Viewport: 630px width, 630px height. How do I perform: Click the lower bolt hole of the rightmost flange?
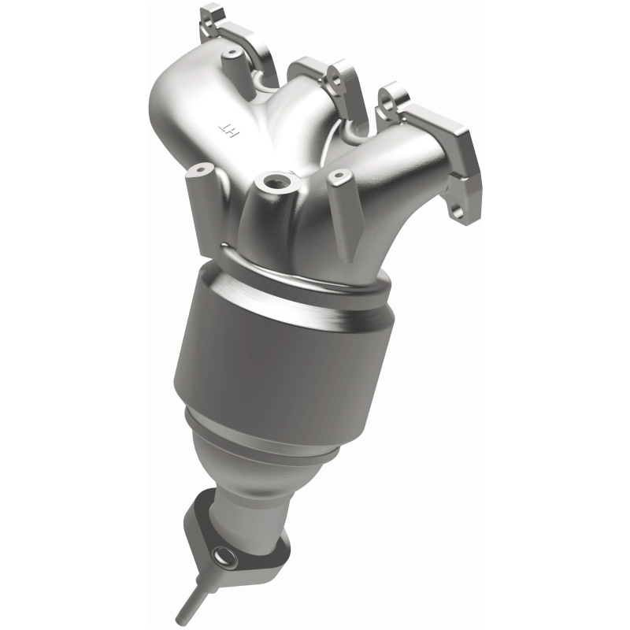tap(455, 210)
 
